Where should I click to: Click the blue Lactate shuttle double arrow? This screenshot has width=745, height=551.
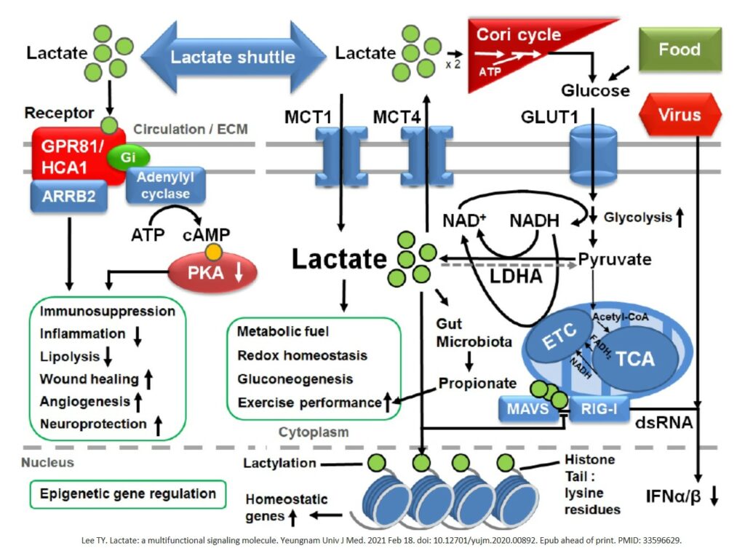[233, 57]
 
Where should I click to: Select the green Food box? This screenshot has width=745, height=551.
[679, 50]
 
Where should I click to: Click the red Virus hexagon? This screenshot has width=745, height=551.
[679, 114]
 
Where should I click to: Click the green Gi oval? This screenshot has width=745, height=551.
[128, 156]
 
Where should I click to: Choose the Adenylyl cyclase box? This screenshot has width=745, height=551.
[165, 186]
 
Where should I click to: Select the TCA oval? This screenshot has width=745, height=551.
[635, 357]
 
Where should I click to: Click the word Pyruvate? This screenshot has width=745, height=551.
[615, 258]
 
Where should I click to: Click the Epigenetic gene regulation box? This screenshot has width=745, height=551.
[128, 493]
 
